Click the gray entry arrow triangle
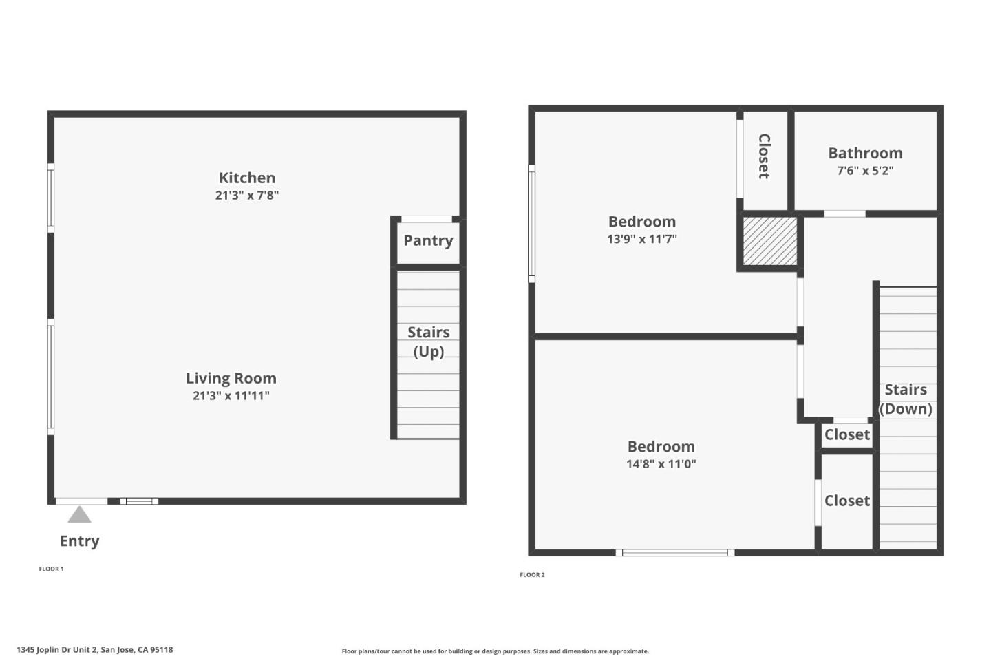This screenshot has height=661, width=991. (79, 515)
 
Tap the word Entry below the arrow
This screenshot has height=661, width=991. (79, 541)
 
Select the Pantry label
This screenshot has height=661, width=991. (428, 240)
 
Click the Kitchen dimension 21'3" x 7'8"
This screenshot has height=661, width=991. (246, 195)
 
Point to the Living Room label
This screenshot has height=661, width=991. (231, 378)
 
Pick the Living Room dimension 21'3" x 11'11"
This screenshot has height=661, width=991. (231, 395)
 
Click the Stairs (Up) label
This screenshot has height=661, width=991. (428, 342)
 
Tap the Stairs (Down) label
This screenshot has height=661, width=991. (906, 399)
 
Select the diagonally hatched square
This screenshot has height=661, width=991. (770, 241)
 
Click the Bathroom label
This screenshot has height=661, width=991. (865, 153)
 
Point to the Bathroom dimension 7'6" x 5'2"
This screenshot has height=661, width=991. (865, 170)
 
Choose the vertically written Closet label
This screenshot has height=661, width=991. (764, 156)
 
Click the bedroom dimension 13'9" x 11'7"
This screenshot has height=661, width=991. (642, 239)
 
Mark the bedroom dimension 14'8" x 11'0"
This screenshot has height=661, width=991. (661, 463)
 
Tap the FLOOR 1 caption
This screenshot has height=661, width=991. (51, 569)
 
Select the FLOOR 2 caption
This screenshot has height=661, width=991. (532, 574)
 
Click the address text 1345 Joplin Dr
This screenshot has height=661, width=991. (95, 649)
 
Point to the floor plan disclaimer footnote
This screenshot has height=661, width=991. (495, 651)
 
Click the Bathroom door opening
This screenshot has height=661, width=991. (844, 213)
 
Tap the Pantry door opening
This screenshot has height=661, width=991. (427, 219)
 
